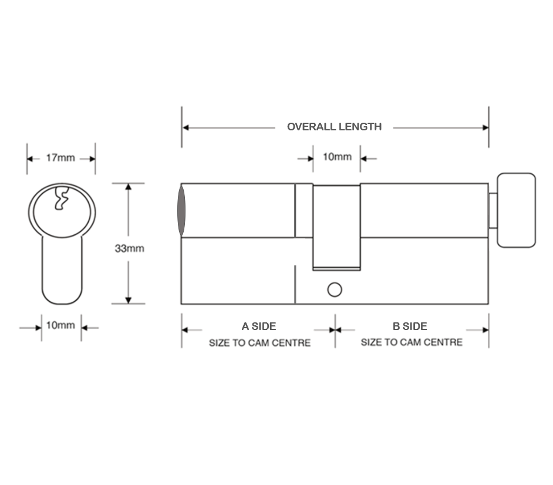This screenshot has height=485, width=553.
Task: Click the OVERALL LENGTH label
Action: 334,127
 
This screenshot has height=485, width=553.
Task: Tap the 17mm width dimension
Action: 60,158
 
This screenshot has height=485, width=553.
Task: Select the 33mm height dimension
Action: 129,248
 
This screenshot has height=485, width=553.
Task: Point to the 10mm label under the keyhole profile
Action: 60,325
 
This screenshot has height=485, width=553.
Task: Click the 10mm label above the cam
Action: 337,157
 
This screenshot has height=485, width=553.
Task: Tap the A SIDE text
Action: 258,326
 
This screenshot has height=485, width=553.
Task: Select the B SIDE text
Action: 410,326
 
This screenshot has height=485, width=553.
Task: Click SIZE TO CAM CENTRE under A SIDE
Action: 259,343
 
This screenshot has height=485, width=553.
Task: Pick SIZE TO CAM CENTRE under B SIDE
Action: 411,342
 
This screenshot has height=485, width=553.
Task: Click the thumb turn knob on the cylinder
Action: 516,210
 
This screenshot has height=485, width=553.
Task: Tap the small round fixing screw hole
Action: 334,289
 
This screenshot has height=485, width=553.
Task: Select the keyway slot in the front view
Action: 60,198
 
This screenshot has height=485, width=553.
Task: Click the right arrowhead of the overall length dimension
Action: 485,127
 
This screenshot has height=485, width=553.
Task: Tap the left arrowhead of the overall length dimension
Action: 186,127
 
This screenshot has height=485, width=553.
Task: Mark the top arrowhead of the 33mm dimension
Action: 129,187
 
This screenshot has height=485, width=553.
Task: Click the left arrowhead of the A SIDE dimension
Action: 186,330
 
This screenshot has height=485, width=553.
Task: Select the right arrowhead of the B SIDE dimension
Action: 485,330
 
